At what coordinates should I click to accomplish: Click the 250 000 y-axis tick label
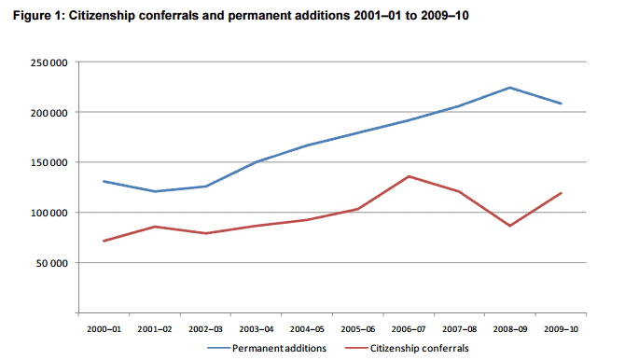tap(49, 62)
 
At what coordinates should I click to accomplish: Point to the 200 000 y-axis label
tap(49, 113)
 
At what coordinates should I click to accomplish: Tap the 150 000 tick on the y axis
tap(49, 162)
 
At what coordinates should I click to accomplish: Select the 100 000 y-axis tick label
tap(49, 213)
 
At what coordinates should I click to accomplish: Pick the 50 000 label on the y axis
tap(52, 263)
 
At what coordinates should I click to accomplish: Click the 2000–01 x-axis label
tap(104, 329)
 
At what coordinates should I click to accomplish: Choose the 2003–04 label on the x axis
tap(257, 329)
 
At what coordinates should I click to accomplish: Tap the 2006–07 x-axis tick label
tap(409, 329)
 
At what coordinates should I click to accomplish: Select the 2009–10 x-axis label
tap(561, 329)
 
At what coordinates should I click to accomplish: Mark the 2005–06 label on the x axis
tap(358, 329)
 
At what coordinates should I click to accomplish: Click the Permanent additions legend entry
tap(267, 349)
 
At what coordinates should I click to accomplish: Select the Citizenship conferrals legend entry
tap(407, 349)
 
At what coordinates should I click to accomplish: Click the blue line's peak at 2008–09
tap(510, 88)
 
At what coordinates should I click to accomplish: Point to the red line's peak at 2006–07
tap(409, 176)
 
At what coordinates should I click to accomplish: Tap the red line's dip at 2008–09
tap(510, 226)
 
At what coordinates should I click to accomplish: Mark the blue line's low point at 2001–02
tap(154, 191)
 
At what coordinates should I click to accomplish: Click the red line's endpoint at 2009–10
tap(562, 193)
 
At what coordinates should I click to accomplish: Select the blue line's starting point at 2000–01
tap(104, 181)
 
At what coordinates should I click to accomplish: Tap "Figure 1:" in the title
tap(38, 16)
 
